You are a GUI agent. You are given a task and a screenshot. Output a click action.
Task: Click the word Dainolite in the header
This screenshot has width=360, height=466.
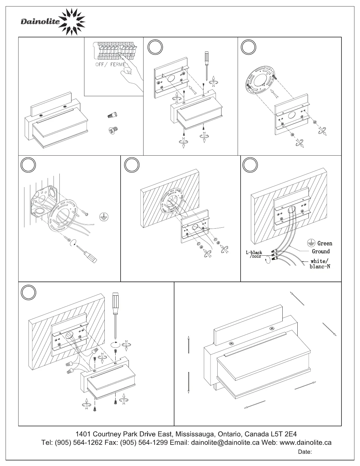40,22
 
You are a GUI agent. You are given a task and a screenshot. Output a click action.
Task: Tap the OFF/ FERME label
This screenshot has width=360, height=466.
111,64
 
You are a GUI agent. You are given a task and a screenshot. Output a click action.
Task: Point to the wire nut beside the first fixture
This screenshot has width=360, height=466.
112,115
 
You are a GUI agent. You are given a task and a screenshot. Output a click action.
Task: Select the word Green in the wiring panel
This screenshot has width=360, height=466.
325,244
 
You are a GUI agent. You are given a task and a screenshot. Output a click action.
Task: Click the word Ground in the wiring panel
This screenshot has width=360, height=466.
321,252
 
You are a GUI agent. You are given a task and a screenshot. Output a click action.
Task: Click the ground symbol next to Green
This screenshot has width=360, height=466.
311,243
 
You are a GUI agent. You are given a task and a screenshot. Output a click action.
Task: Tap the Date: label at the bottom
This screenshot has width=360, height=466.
305,452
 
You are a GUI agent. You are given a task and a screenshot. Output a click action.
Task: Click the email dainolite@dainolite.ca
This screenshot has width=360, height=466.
225,443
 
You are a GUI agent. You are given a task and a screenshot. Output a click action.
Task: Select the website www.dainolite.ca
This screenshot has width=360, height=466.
306,443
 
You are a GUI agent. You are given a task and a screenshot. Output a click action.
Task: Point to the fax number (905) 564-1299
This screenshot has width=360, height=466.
144,443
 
